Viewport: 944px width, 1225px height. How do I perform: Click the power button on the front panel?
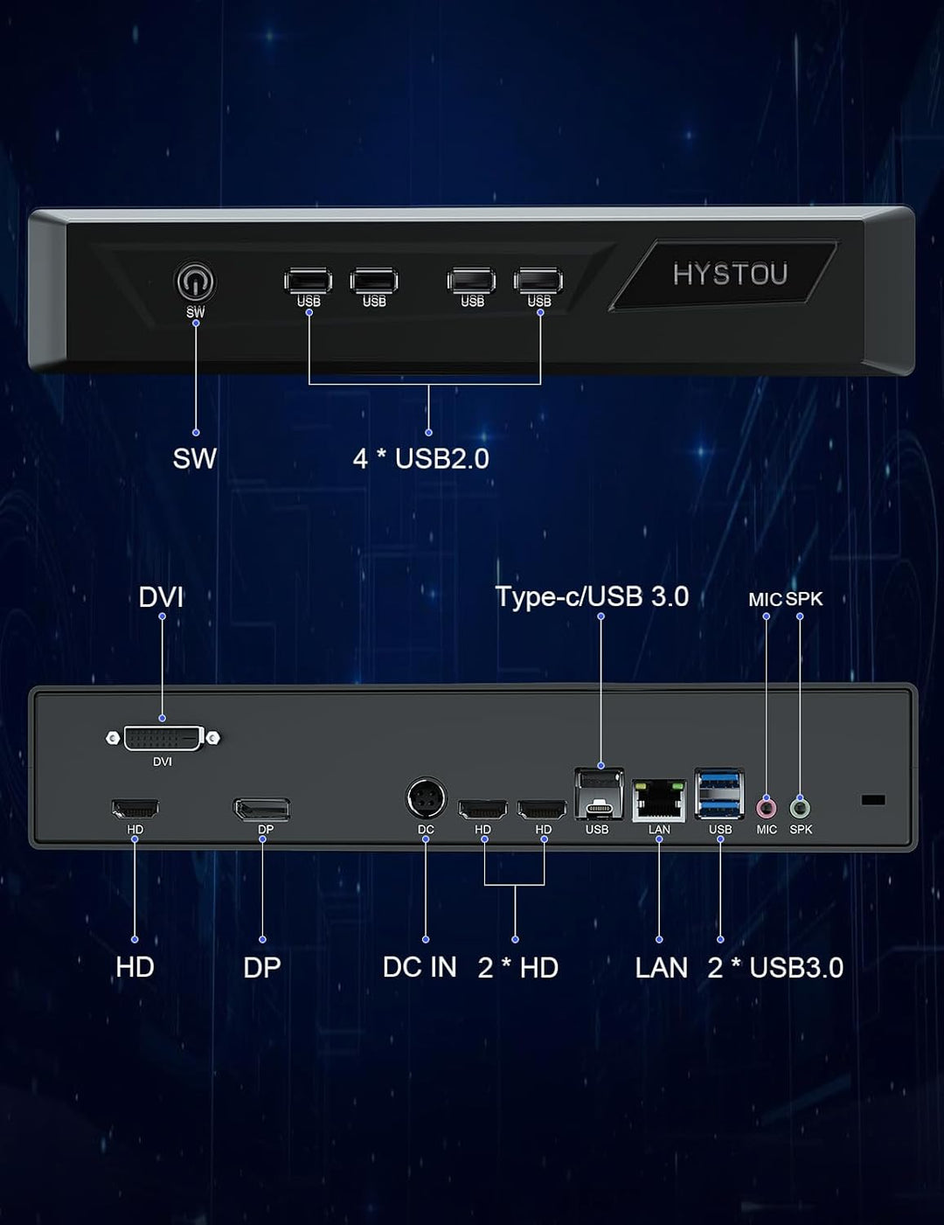click(195, 282)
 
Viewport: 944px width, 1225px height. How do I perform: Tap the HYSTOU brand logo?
click(730, 275)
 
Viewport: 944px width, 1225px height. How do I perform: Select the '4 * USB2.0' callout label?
click(421, 458)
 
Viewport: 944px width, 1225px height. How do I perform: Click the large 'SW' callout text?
click(194, 458)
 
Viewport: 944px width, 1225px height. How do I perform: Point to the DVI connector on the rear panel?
click(163, 738)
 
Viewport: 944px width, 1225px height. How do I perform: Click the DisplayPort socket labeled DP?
click(262, 810)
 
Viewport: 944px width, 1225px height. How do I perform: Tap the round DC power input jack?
click(426, 797)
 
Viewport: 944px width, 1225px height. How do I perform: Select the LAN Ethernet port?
click(659, 801)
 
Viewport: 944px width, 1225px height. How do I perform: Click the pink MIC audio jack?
click(767, 809)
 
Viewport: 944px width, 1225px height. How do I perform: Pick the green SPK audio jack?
click(801, 809)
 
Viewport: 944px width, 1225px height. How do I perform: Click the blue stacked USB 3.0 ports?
click(719, 794)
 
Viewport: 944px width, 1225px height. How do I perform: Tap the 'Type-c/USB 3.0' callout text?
click(592, 596)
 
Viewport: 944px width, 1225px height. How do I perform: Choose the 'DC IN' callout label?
click(420, 967)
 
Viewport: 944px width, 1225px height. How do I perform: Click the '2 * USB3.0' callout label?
click(775, 967)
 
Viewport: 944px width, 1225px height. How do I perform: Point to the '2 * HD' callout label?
click(518, 967)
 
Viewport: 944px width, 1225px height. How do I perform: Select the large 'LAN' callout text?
click(662, 967)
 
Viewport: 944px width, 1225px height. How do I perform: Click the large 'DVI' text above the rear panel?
click(161, 597)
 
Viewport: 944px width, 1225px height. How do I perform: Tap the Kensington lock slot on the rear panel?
click(873, 800)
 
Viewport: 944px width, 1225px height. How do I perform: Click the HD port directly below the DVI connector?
click(135, 809)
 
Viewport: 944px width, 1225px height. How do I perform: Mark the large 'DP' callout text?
click(262, 967)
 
